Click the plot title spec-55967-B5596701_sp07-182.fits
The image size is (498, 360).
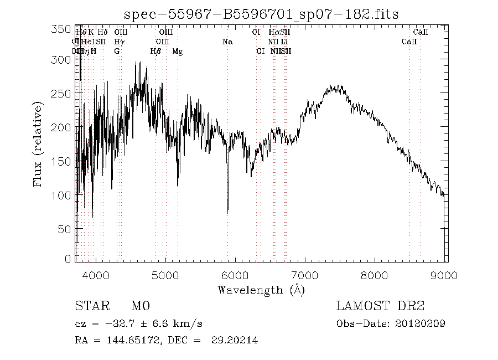pos(261,13)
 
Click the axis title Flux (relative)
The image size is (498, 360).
pos(39,144)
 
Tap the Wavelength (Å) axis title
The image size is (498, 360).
pos(261,289)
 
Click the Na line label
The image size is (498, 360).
pos(227,42)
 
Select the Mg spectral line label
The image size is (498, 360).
pos(178,51)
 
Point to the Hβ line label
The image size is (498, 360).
pos(156,51)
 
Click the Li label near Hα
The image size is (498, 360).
pos(284,42)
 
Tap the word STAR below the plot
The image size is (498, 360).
pos(89,306)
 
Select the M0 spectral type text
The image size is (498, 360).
pos(141,306)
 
